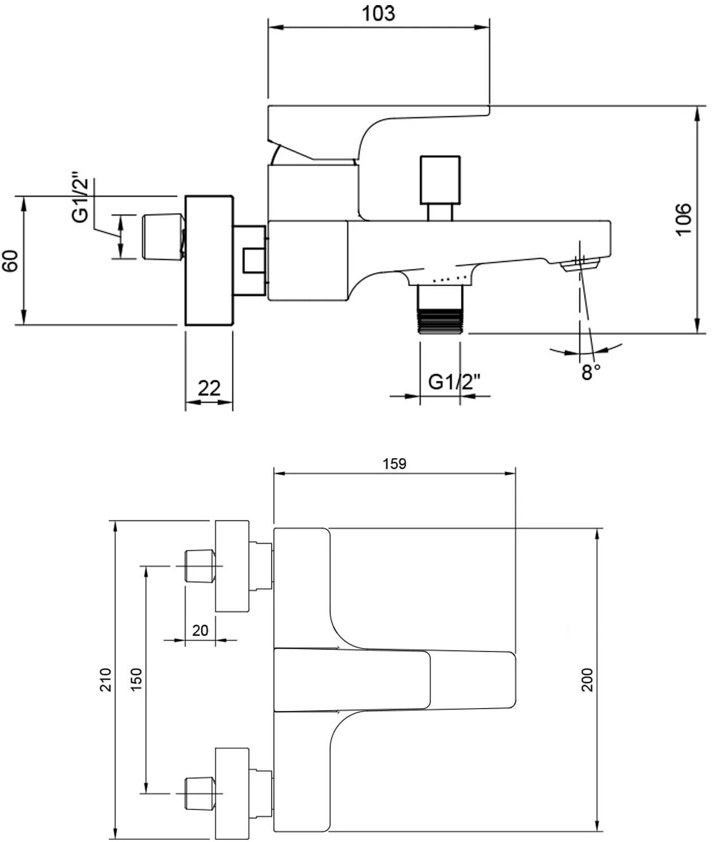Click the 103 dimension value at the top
pyautogui.click(x=378, y=14)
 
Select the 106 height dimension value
pyautogui.click(x=683, y=219)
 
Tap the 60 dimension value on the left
pyautogui.click(x=10, y=261)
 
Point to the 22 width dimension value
pyautogui.click(x=209, y=388)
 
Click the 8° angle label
pyautogui.click(x=590, y=372)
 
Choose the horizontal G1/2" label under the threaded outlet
pyautogui.click(x=454, y=382)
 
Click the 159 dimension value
pyautogui.click(x=394, y=464)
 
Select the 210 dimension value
pyautogui.click(x=105, y=680)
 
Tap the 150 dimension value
pyautogui.click(x=136, y=680)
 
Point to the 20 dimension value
pyautogui.click(x=200, y=630)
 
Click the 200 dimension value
pyautogui.click(x=587, y=680)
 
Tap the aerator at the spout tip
pyautogui.click(x=580, y=266)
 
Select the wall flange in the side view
pyautogui.click(x=209, y=260)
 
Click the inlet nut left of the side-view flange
pyautogui.click(x=163, y=237)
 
